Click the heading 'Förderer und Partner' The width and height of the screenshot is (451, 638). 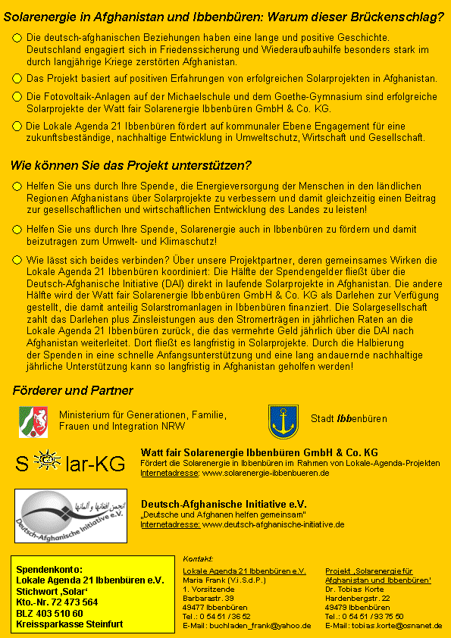coord(73,391)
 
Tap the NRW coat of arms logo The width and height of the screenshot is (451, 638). coord(33,421)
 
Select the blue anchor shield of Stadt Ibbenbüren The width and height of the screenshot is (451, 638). coord(283,421)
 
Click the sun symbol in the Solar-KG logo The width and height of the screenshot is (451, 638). coord(49,461)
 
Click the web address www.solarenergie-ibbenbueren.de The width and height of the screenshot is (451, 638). coord(265,473)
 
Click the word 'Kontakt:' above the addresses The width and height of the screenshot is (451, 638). coord(199,558)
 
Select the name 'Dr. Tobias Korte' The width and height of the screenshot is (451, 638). coord(355,589)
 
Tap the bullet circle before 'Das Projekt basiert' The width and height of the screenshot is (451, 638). coord(17,79)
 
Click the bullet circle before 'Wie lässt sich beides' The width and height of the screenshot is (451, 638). coord(17,259)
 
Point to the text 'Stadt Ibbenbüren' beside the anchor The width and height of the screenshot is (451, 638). coord(349,419)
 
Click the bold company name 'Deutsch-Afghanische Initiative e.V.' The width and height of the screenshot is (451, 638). coord(224,503)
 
